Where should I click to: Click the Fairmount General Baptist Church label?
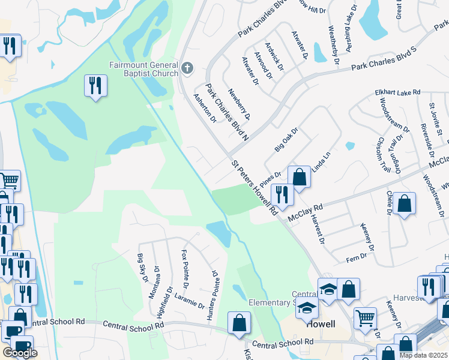point(143,69)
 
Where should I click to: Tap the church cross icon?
point(187,67)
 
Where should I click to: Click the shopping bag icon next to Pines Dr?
point(299,178)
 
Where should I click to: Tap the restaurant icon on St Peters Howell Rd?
point(281,194)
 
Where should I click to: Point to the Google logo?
point(20,353)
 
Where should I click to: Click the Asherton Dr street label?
point(205,107)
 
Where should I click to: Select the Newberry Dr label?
point(238,104)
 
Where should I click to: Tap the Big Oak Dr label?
point(286,139)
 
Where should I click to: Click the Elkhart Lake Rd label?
point(397,92)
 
